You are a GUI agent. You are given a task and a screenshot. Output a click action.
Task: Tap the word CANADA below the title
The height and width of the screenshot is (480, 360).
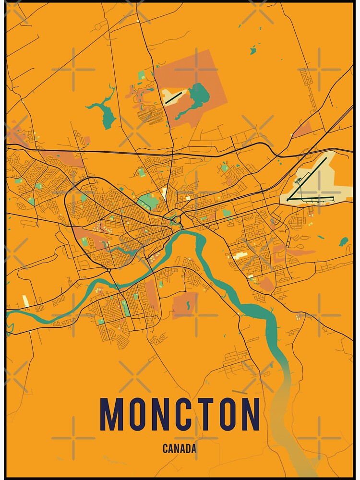(x=180, y=449)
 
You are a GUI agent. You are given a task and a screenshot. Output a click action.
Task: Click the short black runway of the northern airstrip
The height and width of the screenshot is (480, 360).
(x=173, y=97)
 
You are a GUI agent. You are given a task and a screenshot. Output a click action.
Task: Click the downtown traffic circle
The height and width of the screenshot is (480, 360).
(x=177, y=220)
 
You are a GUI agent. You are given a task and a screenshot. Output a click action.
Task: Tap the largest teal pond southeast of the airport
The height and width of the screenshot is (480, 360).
(x=343, y=241)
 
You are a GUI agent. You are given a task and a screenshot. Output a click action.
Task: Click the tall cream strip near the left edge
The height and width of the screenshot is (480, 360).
(x=25, y=301)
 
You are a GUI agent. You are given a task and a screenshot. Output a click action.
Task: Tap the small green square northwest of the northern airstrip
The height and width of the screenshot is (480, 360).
(x=141, y=75)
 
